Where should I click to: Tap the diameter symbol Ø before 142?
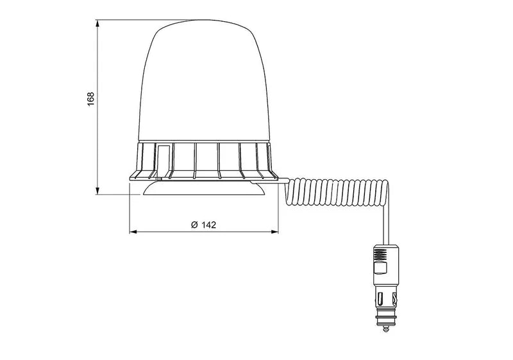(x=194, y=225)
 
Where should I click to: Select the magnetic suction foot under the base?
(x=203, y=191)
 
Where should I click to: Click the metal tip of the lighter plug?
(x=385, y=329)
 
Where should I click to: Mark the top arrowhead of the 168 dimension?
(x=97, y=22)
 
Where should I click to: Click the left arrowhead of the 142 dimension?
(x=132, y=230)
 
